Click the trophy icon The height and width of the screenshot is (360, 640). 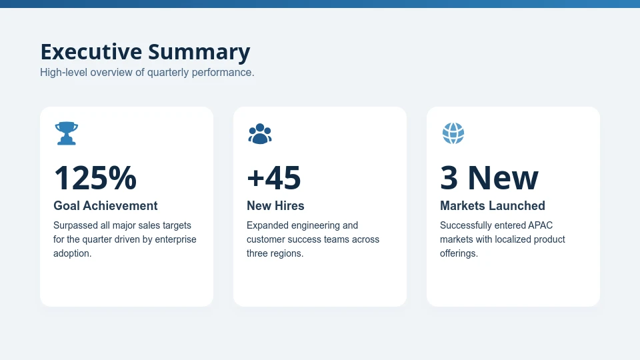(x=67, y=133)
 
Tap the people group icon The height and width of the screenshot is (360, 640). (x=260, y=134)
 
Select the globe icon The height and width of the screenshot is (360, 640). (x=453, y=133)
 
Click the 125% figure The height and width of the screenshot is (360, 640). (x=95, y=179)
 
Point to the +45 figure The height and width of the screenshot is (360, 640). (x=274, y=179)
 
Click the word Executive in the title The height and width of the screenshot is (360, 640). (x=91, y=52)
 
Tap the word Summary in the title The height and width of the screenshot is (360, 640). (x=199, y=52)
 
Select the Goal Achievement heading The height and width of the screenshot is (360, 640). (x=105, y=206)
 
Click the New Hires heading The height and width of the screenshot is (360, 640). (x=275, y=206)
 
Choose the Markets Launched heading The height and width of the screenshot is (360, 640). (x=493, y=206)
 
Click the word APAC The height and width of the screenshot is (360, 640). (x=541, y=225)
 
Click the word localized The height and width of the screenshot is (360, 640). (x=507, y=239)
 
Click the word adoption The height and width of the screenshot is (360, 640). (x=72, y=253)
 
